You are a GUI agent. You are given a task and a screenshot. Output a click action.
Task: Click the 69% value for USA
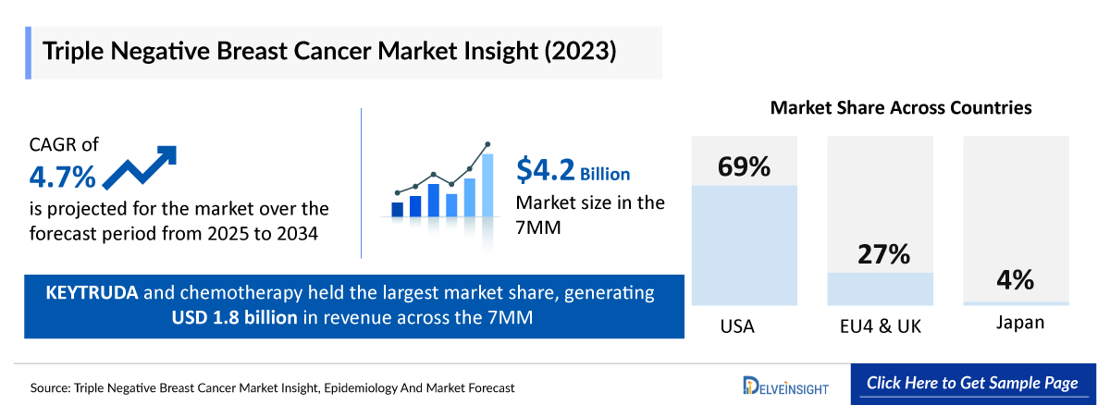click(744, 167)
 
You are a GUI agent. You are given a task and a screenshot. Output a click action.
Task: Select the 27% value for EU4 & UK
click(880, 254)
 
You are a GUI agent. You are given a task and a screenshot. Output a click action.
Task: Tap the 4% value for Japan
click(1015, 280)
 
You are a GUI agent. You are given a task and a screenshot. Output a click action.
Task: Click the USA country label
click(736, 325)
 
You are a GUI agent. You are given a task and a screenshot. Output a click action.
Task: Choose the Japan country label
click(1015, 323)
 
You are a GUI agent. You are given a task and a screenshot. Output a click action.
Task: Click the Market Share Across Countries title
click(901, 108)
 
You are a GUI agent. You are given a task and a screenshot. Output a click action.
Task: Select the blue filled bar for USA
click(744, 245)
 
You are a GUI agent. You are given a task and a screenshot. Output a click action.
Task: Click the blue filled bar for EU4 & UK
click(880, 288)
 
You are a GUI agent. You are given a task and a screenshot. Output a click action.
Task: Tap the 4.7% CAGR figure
click(62, 175)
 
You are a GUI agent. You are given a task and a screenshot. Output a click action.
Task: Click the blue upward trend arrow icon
click(139, 167)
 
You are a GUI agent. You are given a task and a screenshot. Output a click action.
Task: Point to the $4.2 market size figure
click(546, 170)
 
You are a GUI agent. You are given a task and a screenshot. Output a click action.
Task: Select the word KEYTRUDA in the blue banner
click(92, 294)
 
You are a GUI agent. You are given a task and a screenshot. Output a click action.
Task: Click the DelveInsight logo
click(786, 385)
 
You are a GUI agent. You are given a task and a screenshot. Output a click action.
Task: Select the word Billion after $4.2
click(605, 174)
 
